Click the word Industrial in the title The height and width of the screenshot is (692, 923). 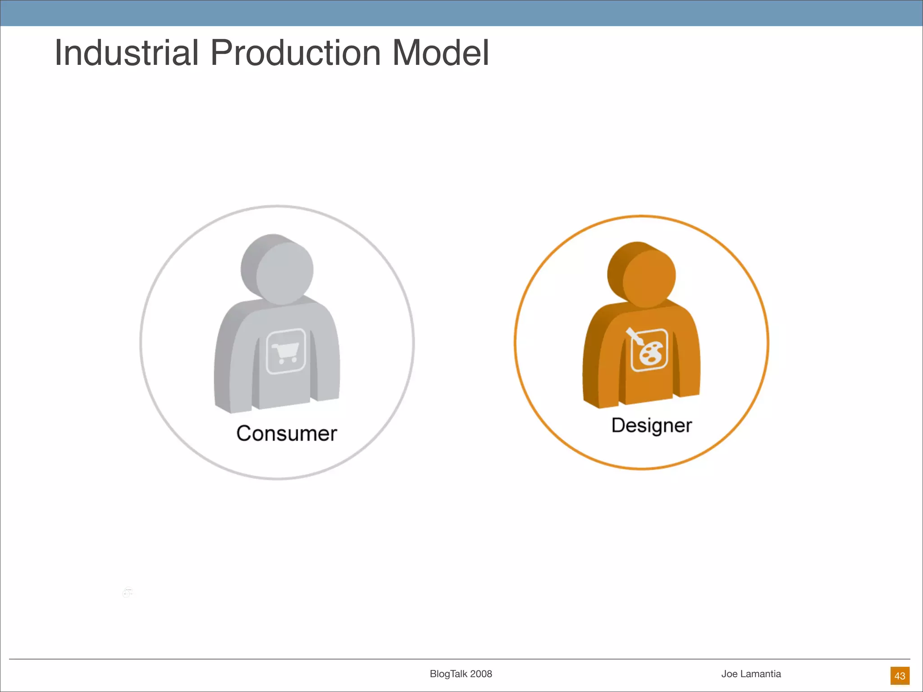pos(127,53)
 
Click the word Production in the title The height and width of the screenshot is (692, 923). pos(296,53)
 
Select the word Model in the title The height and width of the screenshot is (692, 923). pos(440,53)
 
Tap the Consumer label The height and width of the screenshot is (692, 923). pos(287,433)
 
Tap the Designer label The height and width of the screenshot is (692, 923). pos(651,425)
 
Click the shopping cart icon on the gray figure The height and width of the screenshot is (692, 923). pos(286,351)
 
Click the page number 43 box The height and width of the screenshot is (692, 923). pos(900,676)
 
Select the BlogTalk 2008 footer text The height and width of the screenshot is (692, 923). pos(461,674)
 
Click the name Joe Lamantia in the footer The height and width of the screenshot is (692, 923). pos(751,674)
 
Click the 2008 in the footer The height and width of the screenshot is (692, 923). pos(481,674)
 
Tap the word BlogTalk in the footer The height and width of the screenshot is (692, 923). pos(449,674)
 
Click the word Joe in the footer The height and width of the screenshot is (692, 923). pos(729,674)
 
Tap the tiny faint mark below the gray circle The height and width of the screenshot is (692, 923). pos(128,592)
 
